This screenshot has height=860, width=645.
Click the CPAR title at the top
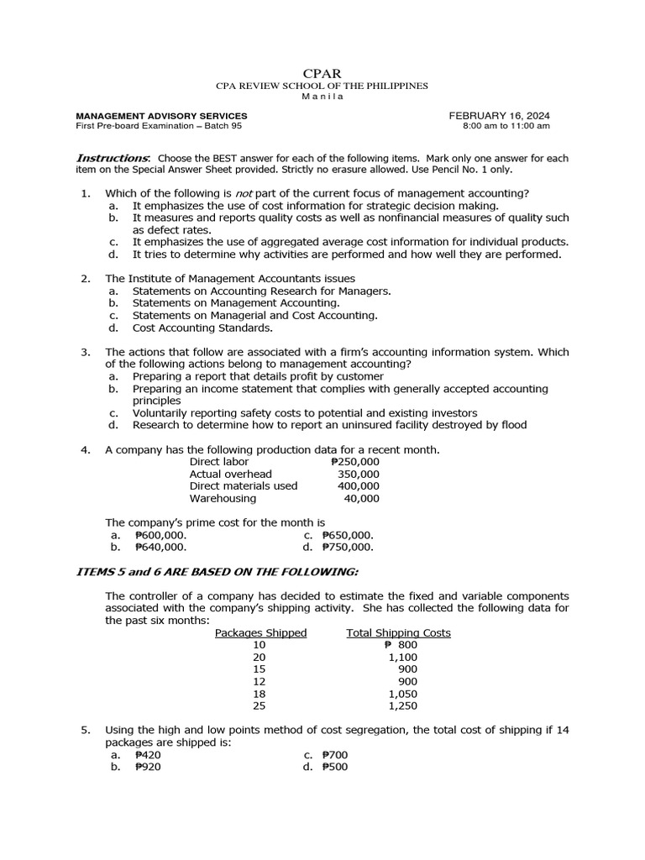tap(322, 74)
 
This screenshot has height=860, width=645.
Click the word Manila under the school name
tap(322, 96)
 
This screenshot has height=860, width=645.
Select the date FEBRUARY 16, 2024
tap(500, 115)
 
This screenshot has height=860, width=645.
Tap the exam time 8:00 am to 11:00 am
tap(506, 126)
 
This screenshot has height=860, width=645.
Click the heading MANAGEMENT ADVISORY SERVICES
tap(161, 115)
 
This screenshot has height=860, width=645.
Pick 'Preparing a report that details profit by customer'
tap(258, 376)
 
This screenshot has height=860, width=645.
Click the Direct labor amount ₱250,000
tap(355, 462)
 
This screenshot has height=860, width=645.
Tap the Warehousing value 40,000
tap(362, 498)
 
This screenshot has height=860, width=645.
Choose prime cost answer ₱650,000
tap(348, 534)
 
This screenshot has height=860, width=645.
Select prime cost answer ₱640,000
tap(160, 546)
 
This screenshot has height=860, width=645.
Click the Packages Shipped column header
tap(260, 632)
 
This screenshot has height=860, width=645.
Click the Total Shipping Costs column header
tap(398, 632)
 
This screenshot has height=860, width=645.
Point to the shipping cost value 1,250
tap(403, 706)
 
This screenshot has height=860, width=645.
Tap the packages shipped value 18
tap(259, 694)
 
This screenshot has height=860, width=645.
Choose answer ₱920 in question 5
tap(148, 767)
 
